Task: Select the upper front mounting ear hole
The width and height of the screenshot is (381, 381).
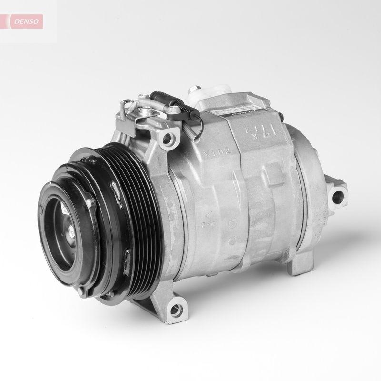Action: pos(168,139)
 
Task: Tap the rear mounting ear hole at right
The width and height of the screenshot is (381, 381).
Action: pos(339,195)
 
